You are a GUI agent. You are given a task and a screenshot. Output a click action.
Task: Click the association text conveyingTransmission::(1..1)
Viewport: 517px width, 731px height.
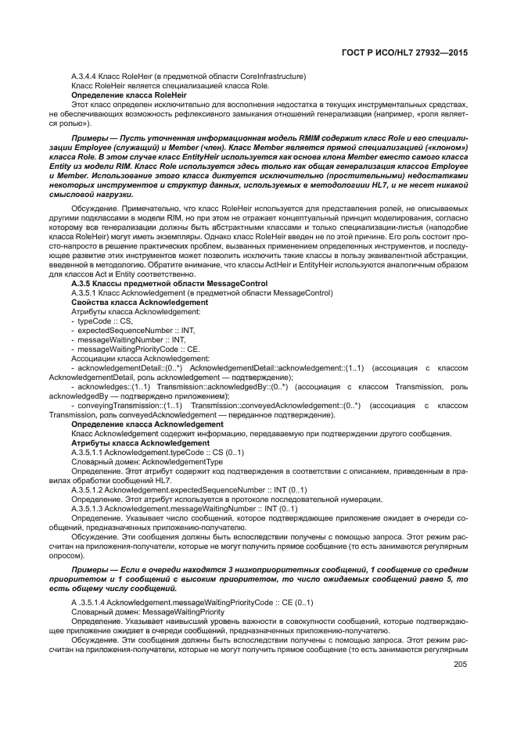(130, 405)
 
